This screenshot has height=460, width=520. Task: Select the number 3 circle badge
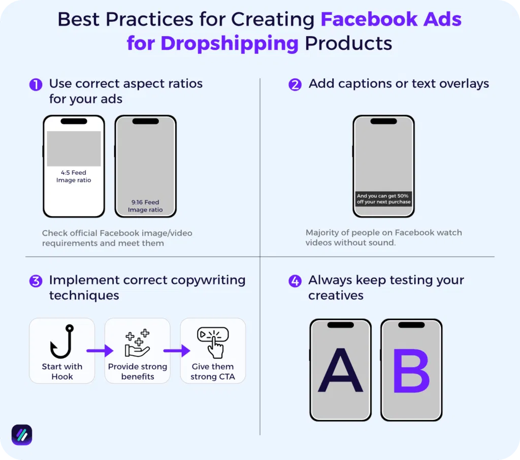tap(36, 281)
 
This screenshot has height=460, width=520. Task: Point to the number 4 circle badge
tap(295, 281)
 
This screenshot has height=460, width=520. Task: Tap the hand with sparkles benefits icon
tap(137, 343)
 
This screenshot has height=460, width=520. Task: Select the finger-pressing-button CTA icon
tap(213, 343)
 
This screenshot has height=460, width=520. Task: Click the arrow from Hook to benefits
tap(100, 350)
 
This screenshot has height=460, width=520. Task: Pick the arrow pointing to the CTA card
tap(176, 350)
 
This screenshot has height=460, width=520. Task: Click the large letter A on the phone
tap(340, 371)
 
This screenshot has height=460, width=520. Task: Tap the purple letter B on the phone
tap(411, 371)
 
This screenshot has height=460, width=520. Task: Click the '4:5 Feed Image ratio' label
tap(74, 176)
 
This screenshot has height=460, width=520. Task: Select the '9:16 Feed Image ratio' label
tap(145, 206)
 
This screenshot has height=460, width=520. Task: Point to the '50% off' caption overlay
tap(383, 199)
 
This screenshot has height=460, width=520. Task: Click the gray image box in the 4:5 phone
tap(74, 148)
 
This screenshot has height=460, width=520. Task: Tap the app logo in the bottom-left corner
tap(22, 435)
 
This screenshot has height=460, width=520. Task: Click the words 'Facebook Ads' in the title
tap(391, 20)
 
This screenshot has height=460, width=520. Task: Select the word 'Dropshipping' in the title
tap(230, 43)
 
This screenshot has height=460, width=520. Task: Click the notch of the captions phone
tap(383, 121)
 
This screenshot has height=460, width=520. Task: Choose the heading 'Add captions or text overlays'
tap(399, 84)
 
